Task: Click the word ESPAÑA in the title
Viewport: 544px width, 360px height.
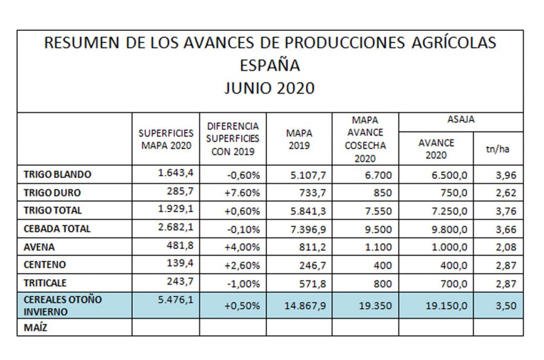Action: tap(270, 65)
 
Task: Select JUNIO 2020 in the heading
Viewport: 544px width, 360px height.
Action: tap(270, 88)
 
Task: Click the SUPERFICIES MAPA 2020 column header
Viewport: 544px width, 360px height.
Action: tap(166, 139)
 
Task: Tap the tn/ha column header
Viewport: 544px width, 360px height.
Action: tap(497, 149)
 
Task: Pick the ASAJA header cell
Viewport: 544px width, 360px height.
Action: tap(461, 120)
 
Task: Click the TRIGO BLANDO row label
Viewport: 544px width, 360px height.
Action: tap(57, 174)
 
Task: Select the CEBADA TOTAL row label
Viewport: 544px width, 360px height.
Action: tap(57, 229)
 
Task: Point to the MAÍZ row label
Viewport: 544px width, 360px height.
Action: tap(36, 328)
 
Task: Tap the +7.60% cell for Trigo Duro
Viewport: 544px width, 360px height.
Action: tap(241, 193)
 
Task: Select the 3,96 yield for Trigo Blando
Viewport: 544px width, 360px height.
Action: tap(505, 175)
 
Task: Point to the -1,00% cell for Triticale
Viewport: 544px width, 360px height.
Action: tap(242, 284)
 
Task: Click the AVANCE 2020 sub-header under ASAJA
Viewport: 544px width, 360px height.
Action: tap(436, 149)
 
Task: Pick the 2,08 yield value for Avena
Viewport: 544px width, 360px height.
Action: tap(505, 247)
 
